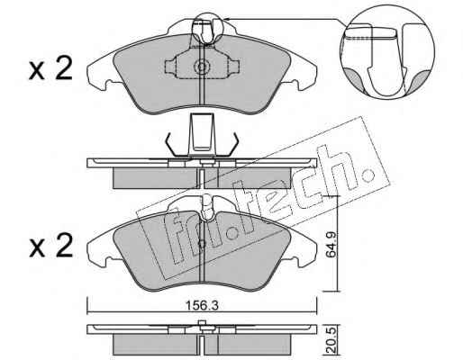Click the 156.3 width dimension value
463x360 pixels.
[x=202, y=306]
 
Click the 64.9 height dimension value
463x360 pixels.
[x=331, y=245]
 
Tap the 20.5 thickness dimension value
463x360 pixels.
[x=331, y=340]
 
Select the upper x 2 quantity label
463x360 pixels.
[x=50, y=68]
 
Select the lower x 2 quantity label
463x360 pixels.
[x=50, y=246]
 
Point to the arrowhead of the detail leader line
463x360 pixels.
[x=227, y=19]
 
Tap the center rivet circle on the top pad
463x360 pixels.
[x=201, y=67]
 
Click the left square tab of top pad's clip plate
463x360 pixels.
[x=170, y=67]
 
